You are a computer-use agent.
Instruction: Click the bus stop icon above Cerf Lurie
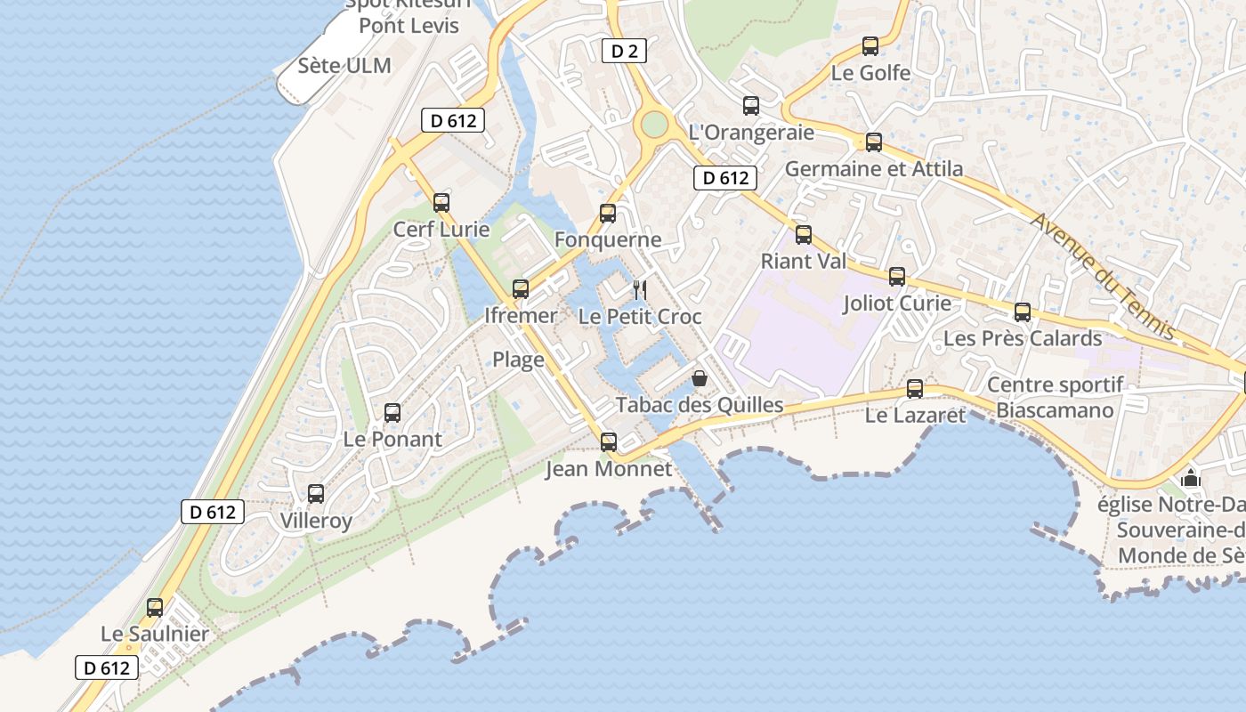(x=441, y=203)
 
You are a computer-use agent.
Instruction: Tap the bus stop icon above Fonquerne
(x=608, y=214)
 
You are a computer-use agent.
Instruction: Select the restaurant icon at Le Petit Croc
(x=639, y=289)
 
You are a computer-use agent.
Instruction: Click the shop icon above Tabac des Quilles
(x=700, y=379)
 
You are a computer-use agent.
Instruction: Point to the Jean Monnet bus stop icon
(x=609, y=442)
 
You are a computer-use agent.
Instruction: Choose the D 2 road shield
(x=624, y=52)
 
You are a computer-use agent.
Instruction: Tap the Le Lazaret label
(x=915, y=415)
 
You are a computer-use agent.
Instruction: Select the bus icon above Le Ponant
(x=392, y=413)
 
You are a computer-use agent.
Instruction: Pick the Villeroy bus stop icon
(x=316, y=494)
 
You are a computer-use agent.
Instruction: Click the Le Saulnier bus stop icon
(x=155, y=608)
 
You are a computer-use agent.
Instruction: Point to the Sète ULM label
(x=344, y=66)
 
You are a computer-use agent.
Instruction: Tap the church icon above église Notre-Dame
(x=1191, y=479)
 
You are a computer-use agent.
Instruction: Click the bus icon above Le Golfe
(x=870, y=46)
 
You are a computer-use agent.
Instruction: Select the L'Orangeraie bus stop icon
(x=751, y=106)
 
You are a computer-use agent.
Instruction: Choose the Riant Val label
(x=804, y=262)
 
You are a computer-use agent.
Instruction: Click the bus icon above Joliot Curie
(x=897, y=277)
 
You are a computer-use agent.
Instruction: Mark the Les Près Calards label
(x=1023, y=339)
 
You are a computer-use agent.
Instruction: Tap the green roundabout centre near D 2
(x=654, y=124)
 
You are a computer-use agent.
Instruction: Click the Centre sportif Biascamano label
(x=1056, y=398)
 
